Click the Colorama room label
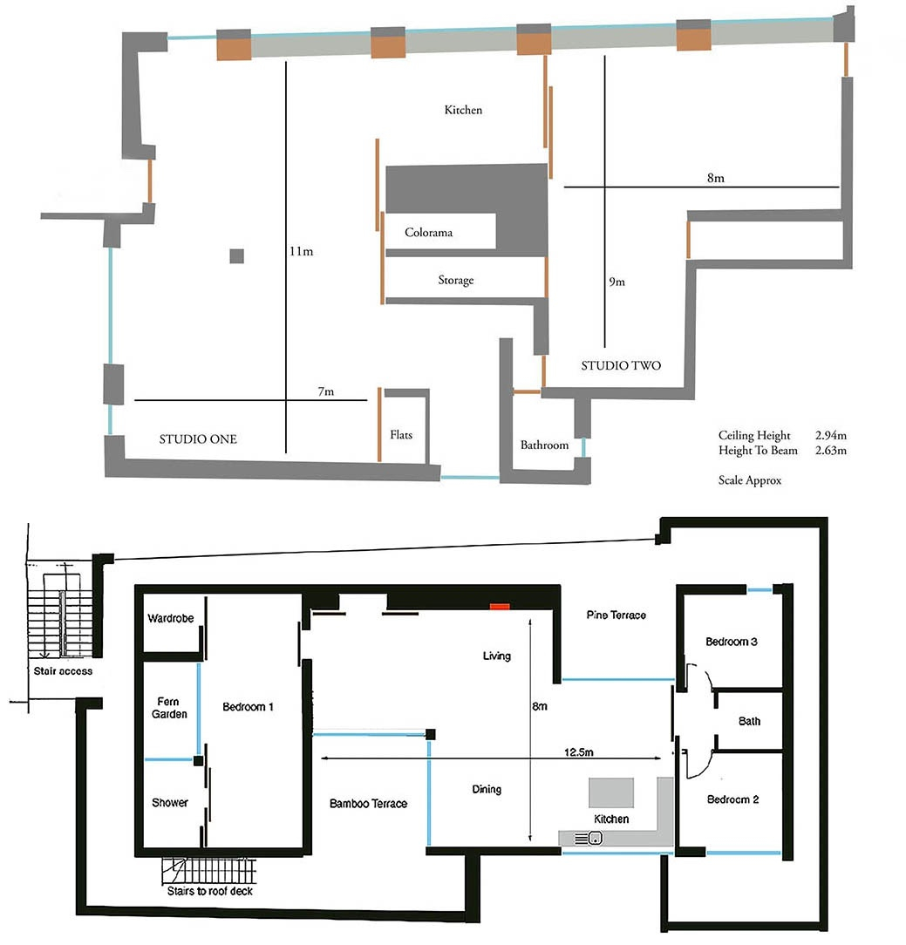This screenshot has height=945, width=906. pos(428,233)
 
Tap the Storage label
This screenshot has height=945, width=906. pos(455,280)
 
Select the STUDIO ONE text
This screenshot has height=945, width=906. pos(198,439)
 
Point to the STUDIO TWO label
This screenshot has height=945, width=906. pos(621,366)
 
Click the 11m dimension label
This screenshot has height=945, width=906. pos(301,251)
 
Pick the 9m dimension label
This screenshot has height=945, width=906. pos(616,282)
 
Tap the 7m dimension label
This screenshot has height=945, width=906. pos(324,392)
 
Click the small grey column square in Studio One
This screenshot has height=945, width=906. pos(236,255)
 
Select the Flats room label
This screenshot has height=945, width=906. pos(401,434)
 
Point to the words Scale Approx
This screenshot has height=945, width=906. pos(750,479)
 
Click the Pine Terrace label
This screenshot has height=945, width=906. pos(616,615)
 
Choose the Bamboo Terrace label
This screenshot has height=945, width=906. pos(368,803)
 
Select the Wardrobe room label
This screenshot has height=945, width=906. pos(170,618)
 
